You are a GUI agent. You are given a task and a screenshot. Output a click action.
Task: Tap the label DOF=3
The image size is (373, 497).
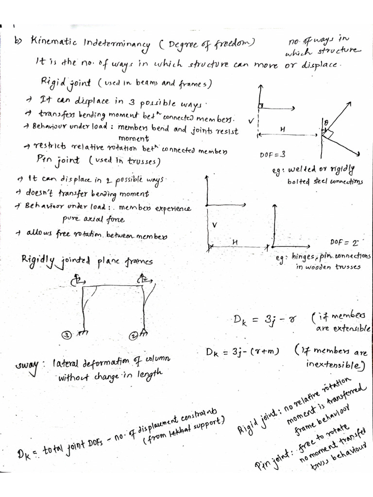[x=272, y=154]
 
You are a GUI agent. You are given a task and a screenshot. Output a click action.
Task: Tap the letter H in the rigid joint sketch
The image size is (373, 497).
[x=282, y=129]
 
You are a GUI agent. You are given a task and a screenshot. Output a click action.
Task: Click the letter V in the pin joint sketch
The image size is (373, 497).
[x=214, y=225]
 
